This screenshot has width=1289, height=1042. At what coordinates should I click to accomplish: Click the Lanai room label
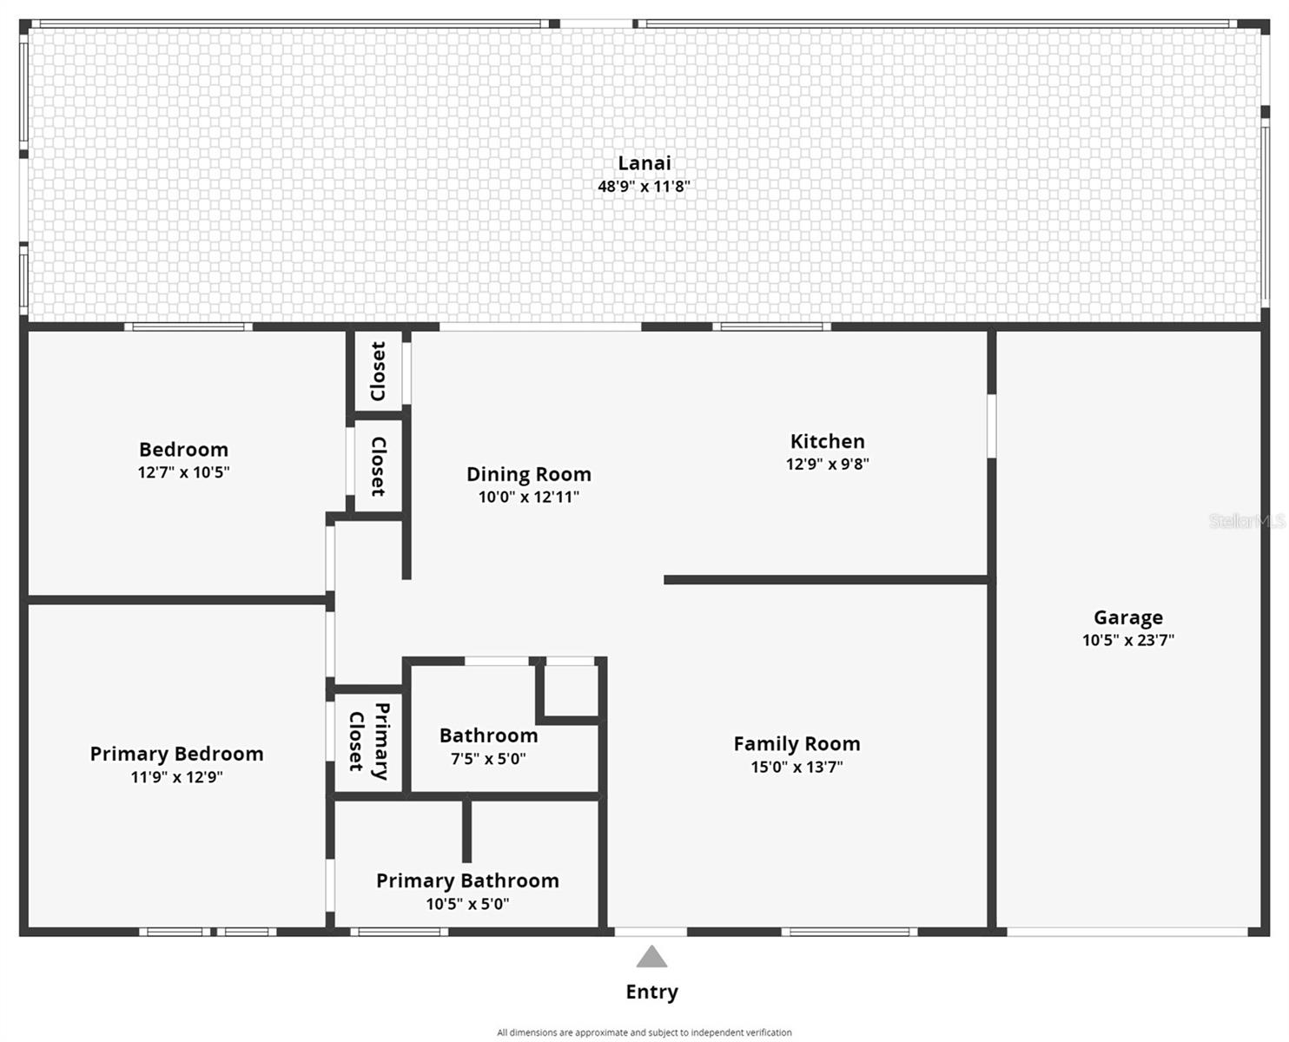(x=644, y=162)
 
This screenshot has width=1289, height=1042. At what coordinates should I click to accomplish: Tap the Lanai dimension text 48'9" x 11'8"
(x=644, y=186)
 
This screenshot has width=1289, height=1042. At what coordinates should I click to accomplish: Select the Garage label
(x=1127, y=617)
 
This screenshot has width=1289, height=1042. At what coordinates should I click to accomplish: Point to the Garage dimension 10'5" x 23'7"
(x=1127, y=641)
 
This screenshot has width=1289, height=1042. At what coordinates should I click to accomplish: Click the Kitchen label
(x=827, y=441)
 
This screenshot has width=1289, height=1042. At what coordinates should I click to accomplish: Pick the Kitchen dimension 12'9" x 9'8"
(x=827, y=465)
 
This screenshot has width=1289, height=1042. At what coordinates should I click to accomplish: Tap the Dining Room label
(x=528, y=474)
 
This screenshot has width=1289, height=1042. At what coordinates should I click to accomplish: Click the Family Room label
(x=797, y=744)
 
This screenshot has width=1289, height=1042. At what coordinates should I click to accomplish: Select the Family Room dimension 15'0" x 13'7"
(x=797, y=767)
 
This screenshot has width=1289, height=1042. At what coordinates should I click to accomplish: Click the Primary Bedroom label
(x=176, y=754)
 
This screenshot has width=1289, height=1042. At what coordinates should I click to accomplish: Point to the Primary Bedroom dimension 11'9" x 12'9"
(x=176, y=777)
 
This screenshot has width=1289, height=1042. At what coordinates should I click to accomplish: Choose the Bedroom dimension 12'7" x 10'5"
(x=183, y=472)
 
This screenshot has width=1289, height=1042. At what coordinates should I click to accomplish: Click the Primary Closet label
(x=369, y=742)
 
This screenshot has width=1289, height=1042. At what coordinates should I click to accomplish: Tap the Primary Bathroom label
(x=467, y=880)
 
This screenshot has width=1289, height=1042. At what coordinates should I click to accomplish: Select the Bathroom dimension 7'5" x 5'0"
(x=488, y=759)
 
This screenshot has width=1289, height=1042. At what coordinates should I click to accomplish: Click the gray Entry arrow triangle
(x=651, y=958)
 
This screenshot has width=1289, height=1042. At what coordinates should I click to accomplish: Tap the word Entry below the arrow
(x=651, y=992)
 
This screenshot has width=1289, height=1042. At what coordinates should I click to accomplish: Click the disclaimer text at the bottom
(x=644, y=1032)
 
